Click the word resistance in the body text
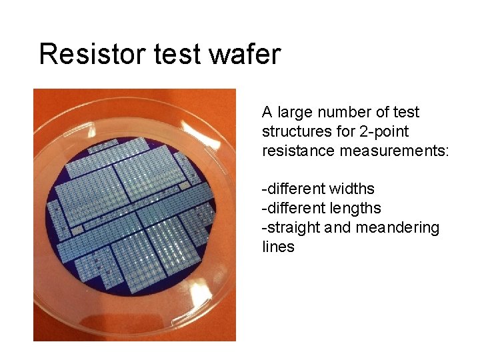pos(298,151)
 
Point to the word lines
pos(278,247)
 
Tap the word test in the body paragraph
pos(407,112)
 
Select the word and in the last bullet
pos(338,227)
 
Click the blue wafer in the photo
pos(133,213)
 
